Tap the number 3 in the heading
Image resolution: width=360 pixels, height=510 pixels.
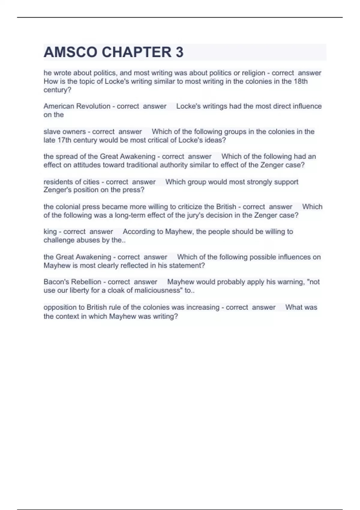click(179, 52)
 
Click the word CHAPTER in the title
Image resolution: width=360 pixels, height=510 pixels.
click(136, 52)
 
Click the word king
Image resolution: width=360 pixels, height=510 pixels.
click(50, 232)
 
